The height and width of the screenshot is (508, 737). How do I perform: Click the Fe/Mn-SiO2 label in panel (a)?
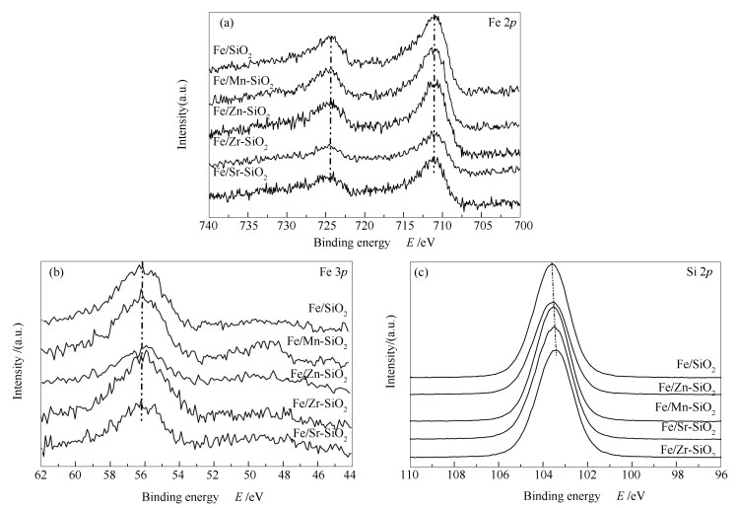tap(241, 82)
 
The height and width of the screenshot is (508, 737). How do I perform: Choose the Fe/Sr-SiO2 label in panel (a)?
tap(240, 172)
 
